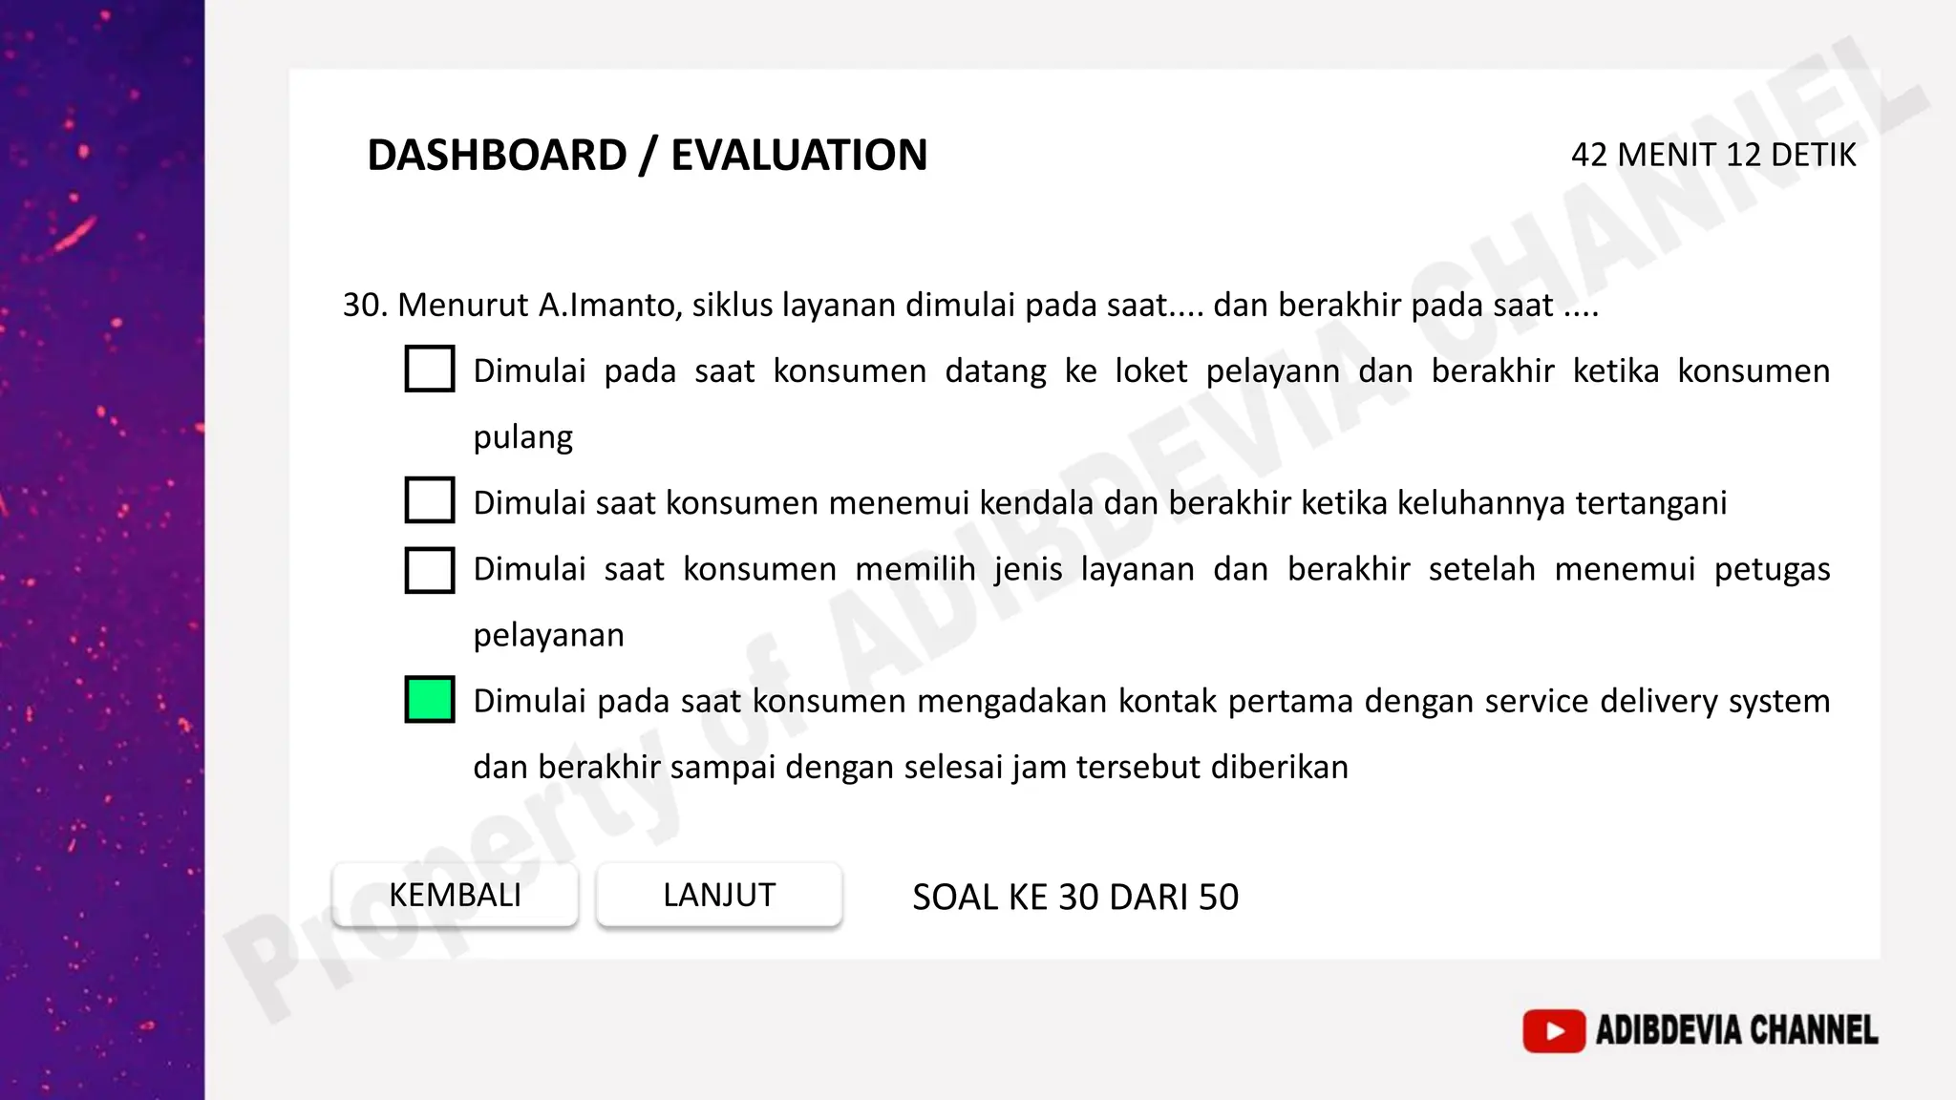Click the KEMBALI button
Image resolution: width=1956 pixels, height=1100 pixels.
tap(455, 896)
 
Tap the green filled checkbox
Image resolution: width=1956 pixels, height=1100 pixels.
tap(430, 700)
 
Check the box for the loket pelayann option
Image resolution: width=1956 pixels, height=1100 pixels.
tap(430, 370)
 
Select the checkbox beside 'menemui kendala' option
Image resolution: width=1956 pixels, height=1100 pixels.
tap(430, 500)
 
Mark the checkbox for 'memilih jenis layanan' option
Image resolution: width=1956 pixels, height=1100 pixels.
tap(430, 570)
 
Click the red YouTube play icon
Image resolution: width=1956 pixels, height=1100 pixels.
tap(1554, 1031)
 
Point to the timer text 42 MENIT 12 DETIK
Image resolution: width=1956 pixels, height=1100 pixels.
tap(1712, 155)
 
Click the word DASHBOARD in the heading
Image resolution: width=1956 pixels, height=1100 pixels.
tap(497, 155)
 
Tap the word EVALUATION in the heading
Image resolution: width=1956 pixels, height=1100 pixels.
tap(798, 155)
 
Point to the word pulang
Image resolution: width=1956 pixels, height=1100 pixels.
tap(522, 437)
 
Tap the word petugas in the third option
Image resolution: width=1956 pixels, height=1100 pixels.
tap(1772, 569)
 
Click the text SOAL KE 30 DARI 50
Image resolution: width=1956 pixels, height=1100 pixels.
tap(1075, 898)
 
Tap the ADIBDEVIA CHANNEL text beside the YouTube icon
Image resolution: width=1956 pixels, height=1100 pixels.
tap(1736, 1031)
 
